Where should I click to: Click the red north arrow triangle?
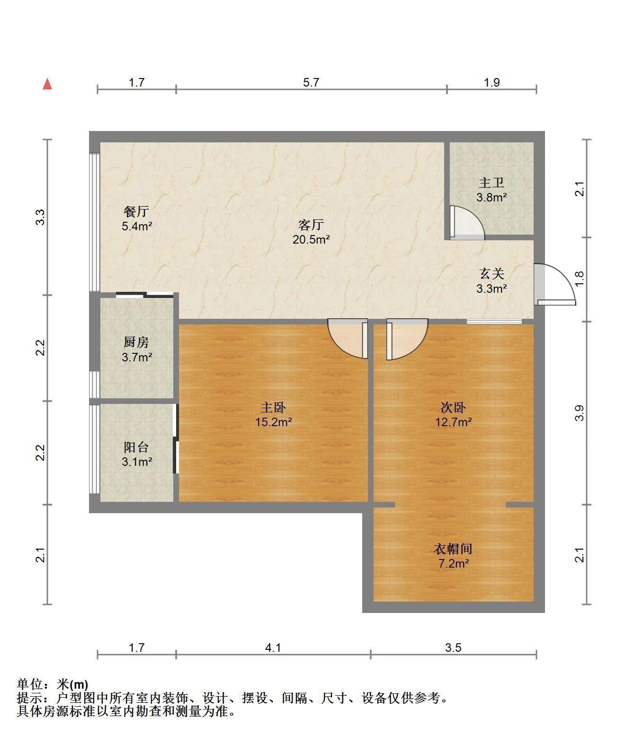[47, 84]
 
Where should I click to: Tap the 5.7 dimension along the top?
[311, 82]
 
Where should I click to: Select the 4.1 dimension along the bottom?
[273, 648]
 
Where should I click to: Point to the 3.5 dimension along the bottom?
[453, 648]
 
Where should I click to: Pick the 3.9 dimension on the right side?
[579, 413]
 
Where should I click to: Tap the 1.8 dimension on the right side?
[579, 279]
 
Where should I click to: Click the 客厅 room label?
[311, 225]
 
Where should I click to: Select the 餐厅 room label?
[136, 211]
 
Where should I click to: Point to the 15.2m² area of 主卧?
[274, 422]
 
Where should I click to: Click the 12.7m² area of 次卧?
[454, 422]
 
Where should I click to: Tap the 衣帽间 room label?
[453, 549]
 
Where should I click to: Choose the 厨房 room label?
[136, 342]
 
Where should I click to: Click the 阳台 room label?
[136, 447]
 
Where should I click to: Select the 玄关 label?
[491, 274]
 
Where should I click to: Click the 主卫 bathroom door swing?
[467, 223]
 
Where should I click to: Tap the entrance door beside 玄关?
[555, 284]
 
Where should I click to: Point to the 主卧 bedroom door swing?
[348, 338]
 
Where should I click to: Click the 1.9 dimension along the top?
[491, 82]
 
